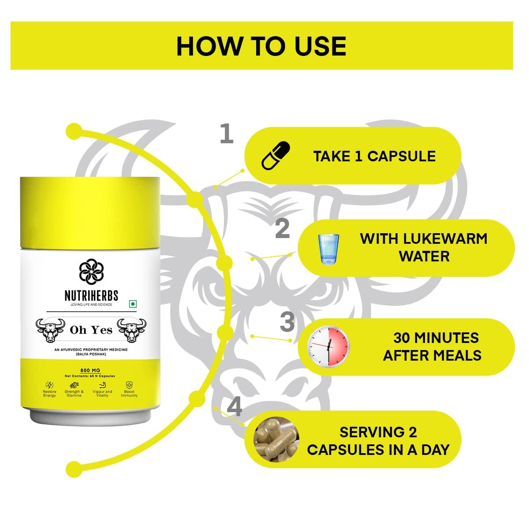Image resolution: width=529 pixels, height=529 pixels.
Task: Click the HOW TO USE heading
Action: [x=261, y=46]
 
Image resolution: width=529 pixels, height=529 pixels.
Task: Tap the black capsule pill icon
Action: [x=276, y=156]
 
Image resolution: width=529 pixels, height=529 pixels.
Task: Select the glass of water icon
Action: [x=328, y=249]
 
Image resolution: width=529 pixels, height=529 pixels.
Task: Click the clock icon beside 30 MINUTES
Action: [x=328, y=346]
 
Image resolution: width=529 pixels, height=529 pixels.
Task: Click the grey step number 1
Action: [x=227, y=134]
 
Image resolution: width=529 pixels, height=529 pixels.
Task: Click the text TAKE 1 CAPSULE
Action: [x=374, y=156]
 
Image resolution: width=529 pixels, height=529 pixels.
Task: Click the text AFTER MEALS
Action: [x=432, y=355]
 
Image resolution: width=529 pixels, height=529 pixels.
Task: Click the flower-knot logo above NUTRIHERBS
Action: [x=91, y=272]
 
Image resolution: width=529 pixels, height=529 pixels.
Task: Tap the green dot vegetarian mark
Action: [x=133, y=304]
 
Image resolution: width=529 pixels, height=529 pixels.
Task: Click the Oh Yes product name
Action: [x=91, y=330]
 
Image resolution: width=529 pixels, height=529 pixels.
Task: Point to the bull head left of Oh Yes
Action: [x=50, y=330]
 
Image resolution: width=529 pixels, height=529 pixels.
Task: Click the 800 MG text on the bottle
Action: [x=90, y=370]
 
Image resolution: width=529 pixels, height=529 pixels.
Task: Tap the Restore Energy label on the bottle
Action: [x=49, y=393]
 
